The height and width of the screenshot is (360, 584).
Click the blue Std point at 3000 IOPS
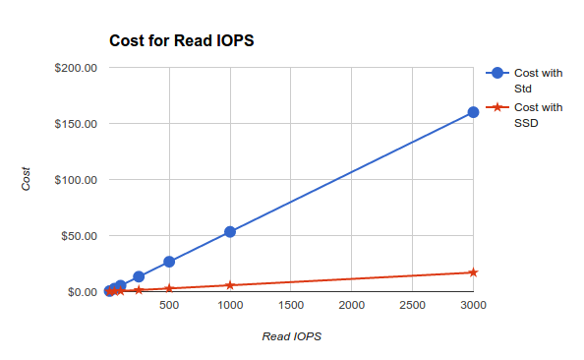click(x=473, y=112)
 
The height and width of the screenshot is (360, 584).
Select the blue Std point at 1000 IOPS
click(x=230, y=232)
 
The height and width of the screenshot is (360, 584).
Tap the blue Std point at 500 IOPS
click(x=169, y=262)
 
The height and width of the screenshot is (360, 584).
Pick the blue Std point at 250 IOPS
click(x=139, y=276)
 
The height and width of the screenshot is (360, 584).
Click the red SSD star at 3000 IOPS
click(x=473, y=272)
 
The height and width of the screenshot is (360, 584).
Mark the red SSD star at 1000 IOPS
click(x=230, y=285)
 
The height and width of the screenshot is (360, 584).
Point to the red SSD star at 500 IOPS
click(x=169, y=288)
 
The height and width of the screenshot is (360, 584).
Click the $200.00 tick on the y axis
click(x=76, y=68)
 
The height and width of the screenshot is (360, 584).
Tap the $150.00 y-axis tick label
click(x=76, y=124)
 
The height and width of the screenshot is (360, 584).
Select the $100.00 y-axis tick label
click(x=76, y=180)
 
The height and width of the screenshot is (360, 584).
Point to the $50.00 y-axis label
click(x=79, y=236)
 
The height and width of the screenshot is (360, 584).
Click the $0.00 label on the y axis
click(x=82, y=292)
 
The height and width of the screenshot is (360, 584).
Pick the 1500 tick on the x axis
click(x=291, y=306)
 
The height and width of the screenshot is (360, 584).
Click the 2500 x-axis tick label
click(x=412, y=306)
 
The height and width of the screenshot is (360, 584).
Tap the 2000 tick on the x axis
click(x=351, y=306)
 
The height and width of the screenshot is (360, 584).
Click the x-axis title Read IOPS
click(x=291, y=336)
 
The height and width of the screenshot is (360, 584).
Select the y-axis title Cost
click(x=27, y=179)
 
